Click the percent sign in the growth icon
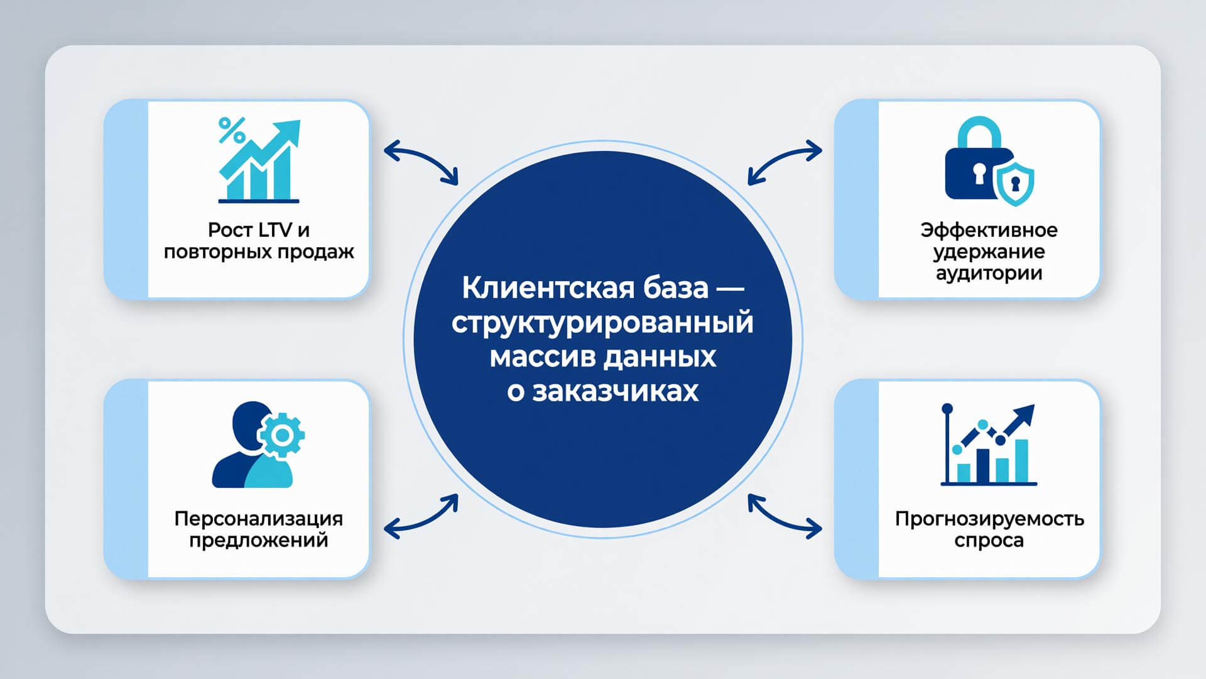pos(232,130)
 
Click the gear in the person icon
pos(282,434)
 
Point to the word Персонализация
pos(259,519)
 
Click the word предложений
pos(259,540)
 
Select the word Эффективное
pos(989,230)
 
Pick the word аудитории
pos(989,273)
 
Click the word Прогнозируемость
pos(989,519)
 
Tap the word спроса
pos(989,540)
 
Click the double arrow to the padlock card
pos(785,160)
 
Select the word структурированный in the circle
pos(602,323)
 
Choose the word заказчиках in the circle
pos(615,391)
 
